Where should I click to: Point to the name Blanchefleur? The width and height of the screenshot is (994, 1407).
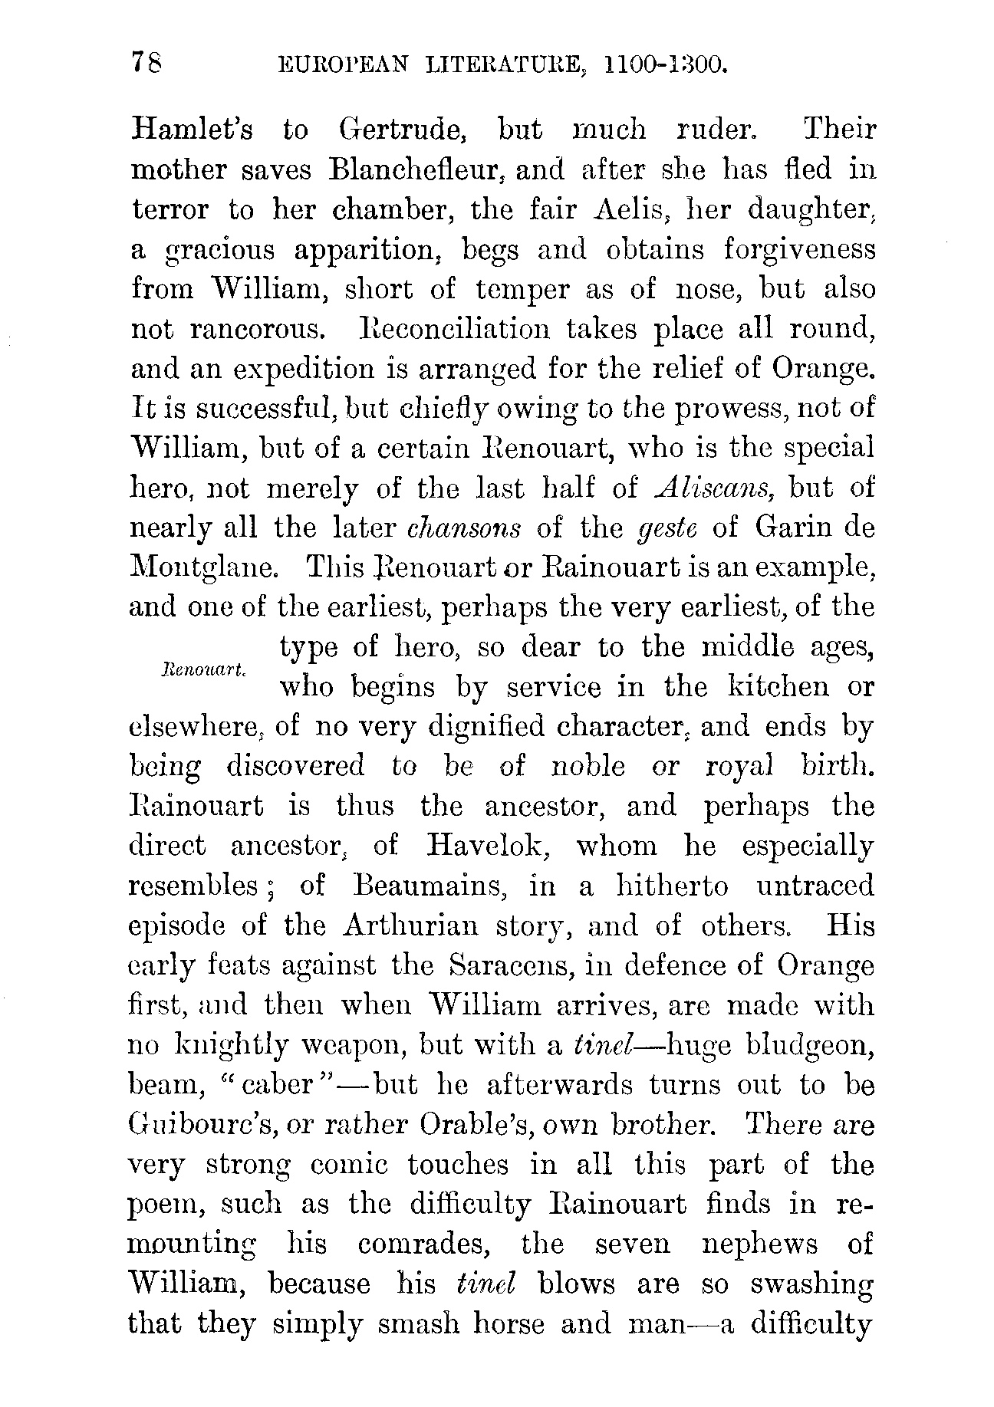click(416, 169)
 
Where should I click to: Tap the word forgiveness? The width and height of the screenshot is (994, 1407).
click(798, 249)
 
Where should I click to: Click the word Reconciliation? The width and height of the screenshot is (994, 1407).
click(454, 329)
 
